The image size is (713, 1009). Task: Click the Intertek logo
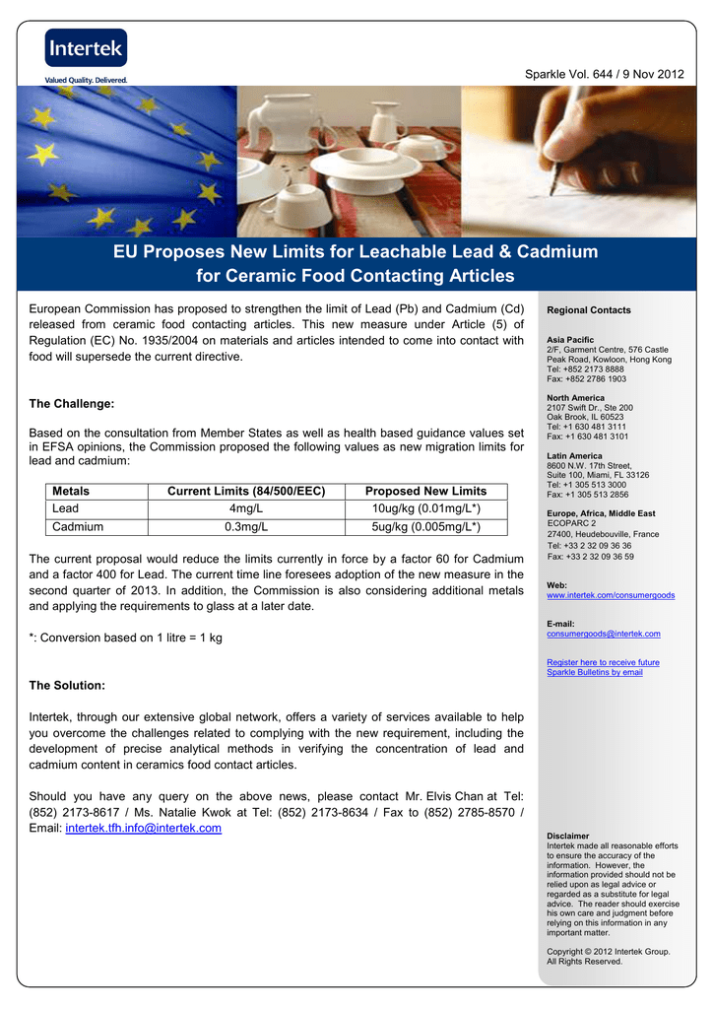(x=85, y=48)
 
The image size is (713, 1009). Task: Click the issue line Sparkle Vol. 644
(x=606, y=76)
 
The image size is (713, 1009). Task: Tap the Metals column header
(x=71, y=491)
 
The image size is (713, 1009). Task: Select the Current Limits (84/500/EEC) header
(x=246, y=491)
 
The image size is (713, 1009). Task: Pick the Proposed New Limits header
(x=425, y=491)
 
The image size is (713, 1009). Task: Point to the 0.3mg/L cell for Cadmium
(x=246, y=527)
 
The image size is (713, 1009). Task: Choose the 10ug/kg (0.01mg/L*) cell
(x=425, y=508)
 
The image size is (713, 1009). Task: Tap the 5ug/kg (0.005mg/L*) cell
(x=425, y=527)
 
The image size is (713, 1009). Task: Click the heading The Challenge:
(x=72, y=404)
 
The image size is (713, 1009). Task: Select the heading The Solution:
(x=67, y=685)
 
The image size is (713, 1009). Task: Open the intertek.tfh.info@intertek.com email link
(x=143, y=828)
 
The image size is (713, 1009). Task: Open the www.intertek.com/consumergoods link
(x=611, y=595)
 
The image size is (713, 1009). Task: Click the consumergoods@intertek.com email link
(x=604, y=634)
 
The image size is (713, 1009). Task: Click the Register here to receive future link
(x=603, y=662)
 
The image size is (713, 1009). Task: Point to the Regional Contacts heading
(x=589, y=310)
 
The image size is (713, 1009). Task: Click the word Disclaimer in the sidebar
(x=568, y=836)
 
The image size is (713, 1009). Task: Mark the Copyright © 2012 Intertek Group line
(x=608, y=951)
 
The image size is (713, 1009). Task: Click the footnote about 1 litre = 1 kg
(x=125, y=638)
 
